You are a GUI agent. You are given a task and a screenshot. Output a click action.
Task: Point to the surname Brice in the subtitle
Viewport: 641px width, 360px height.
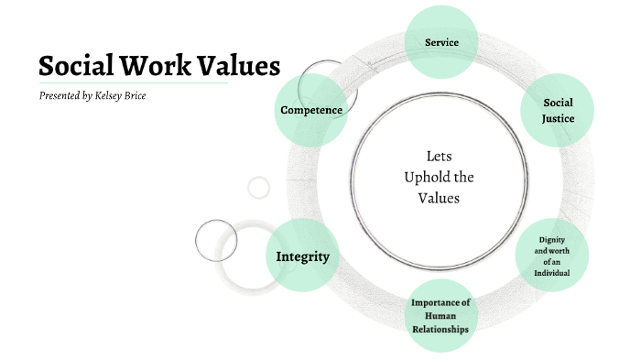coord(158,95)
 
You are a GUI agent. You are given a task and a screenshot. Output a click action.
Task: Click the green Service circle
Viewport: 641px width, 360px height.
coord(440,42)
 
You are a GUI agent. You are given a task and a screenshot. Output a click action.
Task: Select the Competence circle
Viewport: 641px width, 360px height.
coord(311,111)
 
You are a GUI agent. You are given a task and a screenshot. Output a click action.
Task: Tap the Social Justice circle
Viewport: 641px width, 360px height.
coord(558,111)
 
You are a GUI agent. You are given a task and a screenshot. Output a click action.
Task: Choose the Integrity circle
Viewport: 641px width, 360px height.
coord(302,256)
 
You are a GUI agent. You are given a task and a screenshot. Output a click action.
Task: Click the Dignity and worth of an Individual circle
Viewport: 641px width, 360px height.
coord(552,256)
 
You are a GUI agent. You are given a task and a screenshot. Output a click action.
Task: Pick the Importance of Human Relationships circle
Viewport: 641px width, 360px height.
coord(440,316)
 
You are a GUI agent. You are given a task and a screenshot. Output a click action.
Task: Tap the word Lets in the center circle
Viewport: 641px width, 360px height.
coord(440,156)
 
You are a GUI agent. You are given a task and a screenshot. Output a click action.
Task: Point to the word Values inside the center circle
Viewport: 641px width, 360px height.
coord(439,197)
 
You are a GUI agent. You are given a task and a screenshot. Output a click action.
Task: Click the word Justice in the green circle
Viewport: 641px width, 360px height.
coord(558,118)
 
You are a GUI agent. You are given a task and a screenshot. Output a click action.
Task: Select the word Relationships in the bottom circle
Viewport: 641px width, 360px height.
coord(440,329)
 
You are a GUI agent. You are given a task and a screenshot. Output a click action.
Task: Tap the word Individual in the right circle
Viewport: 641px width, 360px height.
coord(552,273)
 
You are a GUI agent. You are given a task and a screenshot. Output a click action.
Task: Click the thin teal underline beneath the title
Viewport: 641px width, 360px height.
coord(133,83)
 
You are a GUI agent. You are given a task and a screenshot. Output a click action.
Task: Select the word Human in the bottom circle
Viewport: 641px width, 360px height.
coord(440,316)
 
